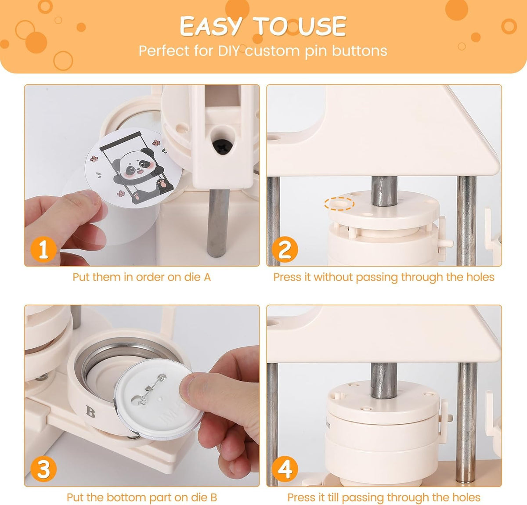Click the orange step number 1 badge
[43, 249]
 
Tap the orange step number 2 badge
[285, 249]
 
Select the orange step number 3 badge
[43, 469]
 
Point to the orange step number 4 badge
[285, 469]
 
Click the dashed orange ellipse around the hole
[339, 204]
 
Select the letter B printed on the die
[91, 411]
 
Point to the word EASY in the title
[210, 26]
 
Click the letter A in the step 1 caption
[207, 277]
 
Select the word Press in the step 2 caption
[288, 277]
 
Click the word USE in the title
[322, 26]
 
